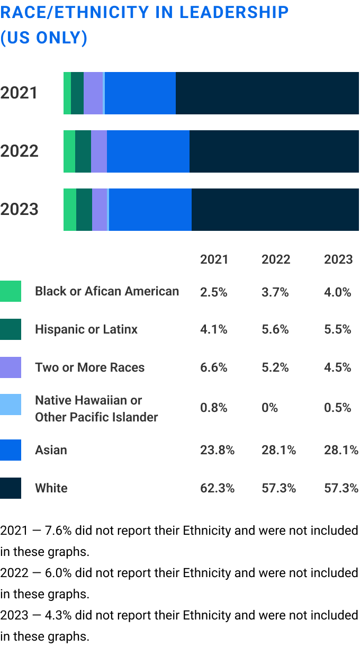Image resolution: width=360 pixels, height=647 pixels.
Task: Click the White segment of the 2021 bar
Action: pyautogui.click(x=267, y=93)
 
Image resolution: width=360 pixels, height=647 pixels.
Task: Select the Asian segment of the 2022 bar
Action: pyautogui.click(x=148, y=151)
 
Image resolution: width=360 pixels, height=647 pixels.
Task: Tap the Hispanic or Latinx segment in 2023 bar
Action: pyautogui.click(x=84, y=210)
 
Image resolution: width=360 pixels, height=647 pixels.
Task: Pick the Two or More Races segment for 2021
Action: pyautogui.click(x=93, y=93)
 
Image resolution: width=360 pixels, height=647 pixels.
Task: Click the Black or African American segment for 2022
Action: pyautogui.click(x=69, y=151)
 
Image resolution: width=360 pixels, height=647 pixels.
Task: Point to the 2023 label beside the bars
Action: pyautogui.click(x=20, y=209)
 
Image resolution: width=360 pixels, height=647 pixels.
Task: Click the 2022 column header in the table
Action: pyautogui.click(x=276, y=259)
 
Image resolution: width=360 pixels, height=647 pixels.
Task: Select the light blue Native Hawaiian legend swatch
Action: pyautogui.click(x=11, y=405)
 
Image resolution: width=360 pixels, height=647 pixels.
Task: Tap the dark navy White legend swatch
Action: pyautogui.click(x=11, y=488)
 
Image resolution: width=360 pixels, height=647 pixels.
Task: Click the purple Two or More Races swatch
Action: pyautogui.click(x=11, y=367)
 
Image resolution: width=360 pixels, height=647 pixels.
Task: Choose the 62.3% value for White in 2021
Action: pyautogui.click(x=217, y=488)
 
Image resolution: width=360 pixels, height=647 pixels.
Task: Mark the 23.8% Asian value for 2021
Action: pyautogui.click(x=217, y=450)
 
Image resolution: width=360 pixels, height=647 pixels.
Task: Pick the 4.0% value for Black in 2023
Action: pyautogui.click(x=338, y=292)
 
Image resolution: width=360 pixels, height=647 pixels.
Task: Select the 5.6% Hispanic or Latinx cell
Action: pyautogui.click(x=275, y=329)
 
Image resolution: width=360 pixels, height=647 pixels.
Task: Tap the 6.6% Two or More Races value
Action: pyautogui.click(x=214, y=367)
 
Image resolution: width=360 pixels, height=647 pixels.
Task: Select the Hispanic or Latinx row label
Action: pyautogui.click(x=86, y=329)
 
